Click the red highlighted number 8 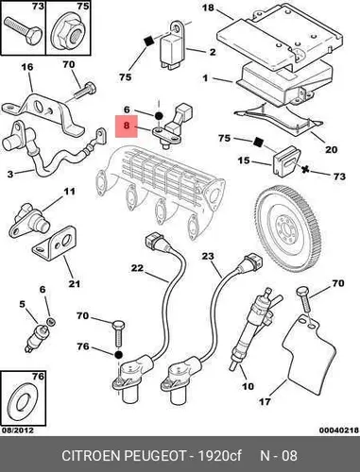[x=127, y=126]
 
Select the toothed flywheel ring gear [x=288, y=229]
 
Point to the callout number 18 [x=208, y=7]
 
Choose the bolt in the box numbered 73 [x=23, y=30]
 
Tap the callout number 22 [x=137, y=268]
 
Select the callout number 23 [x=208, y=256]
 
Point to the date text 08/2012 [x=18, y=430]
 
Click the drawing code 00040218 [x=339, y=430]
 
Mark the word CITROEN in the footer [x=92, y=455]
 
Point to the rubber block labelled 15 [x=285, y=160]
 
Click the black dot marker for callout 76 [x=118, y=355]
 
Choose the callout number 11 [x=69, y=191]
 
